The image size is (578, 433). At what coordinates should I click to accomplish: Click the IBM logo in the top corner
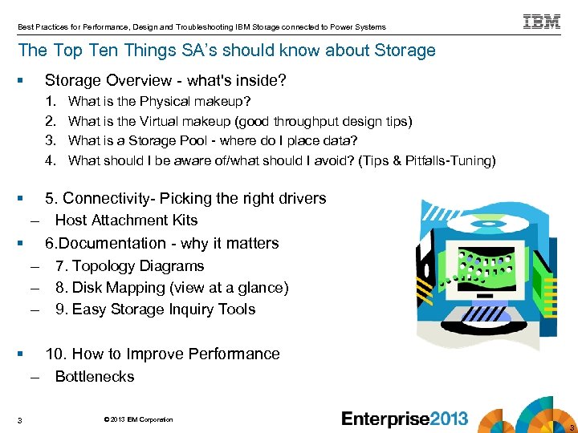(x=542, y=22)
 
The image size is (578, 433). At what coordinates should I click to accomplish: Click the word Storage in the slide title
(x=405, y=51)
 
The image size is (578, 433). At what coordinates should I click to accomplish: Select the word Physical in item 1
(x=165, y=102)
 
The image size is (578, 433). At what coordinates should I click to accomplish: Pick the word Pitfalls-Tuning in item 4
(x=453, y=160)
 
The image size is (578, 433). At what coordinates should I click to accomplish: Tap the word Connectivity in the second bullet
(x=108, y=198)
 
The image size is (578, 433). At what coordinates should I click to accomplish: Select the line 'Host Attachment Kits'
(x=126, y=221)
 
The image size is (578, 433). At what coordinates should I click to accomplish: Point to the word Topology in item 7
(x=102, y=266)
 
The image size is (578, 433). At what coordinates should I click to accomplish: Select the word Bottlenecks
(x=95, y=377)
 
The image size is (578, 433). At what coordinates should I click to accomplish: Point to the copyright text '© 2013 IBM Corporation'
(x=138, y=419)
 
